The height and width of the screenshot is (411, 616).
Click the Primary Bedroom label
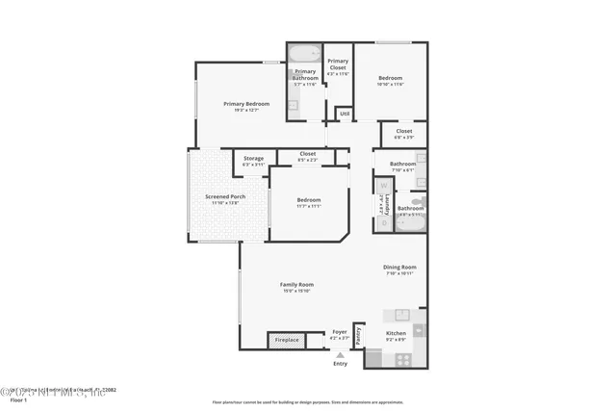coord(245,104)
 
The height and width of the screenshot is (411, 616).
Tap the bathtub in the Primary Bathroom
coord(304,55)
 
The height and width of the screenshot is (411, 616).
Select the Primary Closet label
coord(338,64)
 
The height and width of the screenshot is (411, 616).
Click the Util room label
coord(344,114)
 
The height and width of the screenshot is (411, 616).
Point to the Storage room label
coord(253,159)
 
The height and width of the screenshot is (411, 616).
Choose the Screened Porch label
coord(225,196)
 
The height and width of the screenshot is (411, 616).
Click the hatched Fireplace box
coord(287,340)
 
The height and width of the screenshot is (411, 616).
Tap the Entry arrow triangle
coord(339,354)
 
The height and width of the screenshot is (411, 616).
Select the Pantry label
coord(358,335)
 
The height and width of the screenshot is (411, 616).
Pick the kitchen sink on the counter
coord(400,314)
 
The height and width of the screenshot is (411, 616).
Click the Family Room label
coord(296,284)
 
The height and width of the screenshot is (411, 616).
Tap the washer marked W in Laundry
coord(383,186)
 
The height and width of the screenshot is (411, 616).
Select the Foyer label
coord(339,332)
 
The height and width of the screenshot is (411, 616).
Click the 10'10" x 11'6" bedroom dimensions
coord(390,84)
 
